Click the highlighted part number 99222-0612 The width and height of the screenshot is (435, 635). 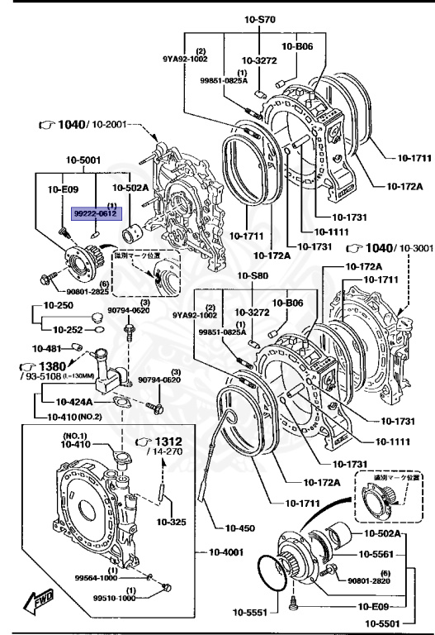click(x=96, y=212)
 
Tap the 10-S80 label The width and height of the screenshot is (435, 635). click(x=254, y=275)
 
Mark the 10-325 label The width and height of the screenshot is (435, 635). click(x=170, y=522)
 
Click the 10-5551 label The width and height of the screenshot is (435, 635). click(x=253, y=613)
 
